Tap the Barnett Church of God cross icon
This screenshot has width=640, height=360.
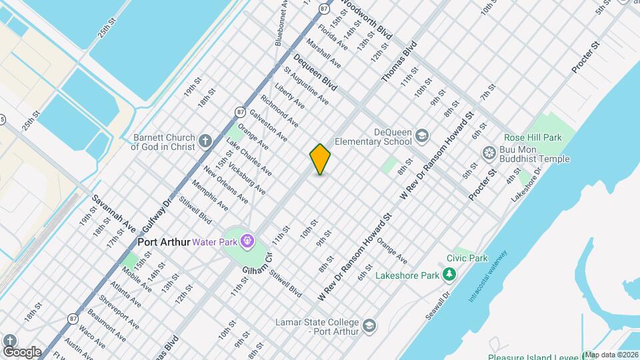pos(205,141)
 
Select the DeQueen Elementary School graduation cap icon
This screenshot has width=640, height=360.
pos(421,137)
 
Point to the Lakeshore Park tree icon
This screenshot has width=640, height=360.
pos(450,274)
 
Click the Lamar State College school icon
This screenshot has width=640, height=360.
pos(369,327)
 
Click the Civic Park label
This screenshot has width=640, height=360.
pos(467,258)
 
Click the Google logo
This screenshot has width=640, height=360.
pos(22,351)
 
